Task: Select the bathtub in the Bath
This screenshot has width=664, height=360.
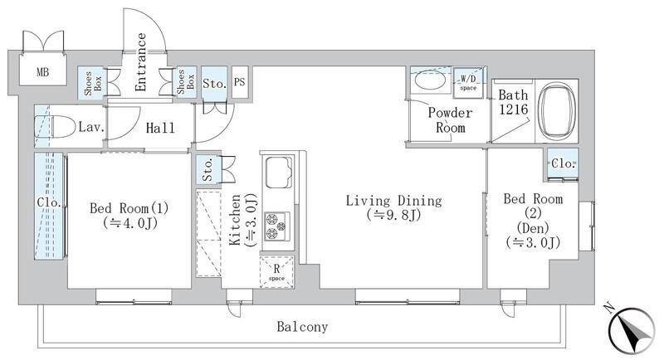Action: [557, 111]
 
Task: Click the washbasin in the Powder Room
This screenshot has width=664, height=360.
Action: [430, 80]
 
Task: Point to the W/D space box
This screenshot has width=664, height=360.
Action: [468, 83]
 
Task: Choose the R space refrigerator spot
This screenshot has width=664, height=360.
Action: [276, 272]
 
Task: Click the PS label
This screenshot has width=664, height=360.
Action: [240, 81]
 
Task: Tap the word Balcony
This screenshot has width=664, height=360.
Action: [302, 327]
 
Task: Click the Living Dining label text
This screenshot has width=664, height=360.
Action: [393, 200]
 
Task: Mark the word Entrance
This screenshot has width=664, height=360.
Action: [140, 62]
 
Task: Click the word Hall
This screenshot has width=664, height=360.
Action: [160, 128]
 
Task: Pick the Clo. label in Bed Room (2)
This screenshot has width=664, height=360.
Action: [563, 163]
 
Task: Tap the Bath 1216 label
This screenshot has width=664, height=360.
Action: [513, 102]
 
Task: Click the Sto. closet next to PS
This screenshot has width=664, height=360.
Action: [214, 83]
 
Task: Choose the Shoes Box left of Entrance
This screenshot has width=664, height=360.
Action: [92, 83]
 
